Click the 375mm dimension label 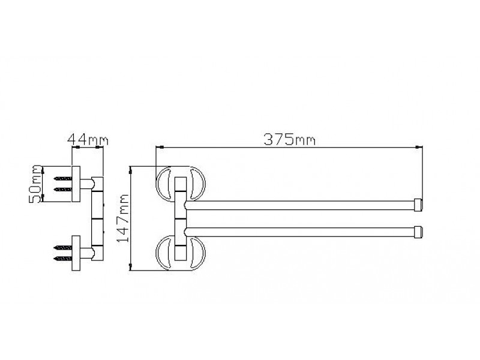[289, 140]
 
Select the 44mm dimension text [88, 140]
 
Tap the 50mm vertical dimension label [35, 184]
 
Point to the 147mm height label [123, 218]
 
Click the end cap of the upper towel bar [418, 205]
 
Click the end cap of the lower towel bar [418, 232]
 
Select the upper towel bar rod [300, 205]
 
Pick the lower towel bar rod [300, 232]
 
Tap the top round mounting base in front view [159, 184]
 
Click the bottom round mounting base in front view [159, 253]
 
